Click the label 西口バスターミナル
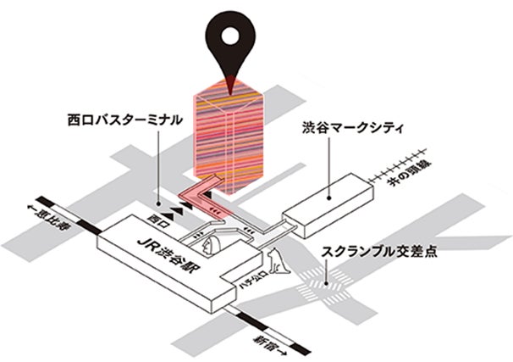click(124, 120)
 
